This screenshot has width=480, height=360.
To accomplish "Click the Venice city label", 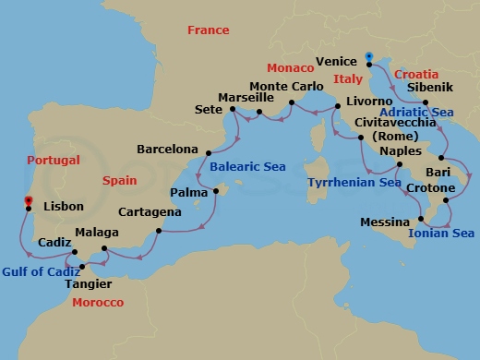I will (336, 61).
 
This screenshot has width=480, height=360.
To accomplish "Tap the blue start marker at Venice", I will (368, 57).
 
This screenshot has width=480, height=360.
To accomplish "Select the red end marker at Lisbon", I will (28, 200).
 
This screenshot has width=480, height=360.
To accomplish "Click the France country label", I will (208, 30).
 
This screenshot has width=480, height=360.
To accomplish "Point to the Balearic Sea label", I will (247, 167).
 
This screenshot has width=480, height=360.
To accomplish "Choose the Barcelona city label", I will (167, 148).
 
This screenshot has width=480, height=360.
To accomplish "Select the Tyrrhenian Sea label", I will (354, 183).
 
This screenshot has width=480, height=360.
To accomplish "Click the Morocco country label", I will (98, 302).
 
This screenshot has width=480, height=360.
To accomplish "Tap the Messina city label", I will (386, 222).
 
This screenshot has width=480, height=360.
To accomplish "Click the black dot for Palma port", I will (215, 191).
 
